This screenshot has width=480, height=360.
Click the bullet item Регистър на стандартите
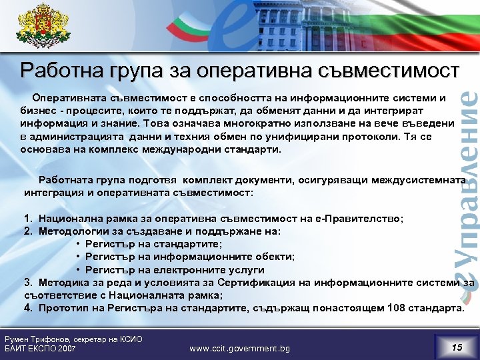[153, 244]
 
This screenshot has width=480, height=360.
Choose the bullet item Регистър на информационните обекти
[180, 257]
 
